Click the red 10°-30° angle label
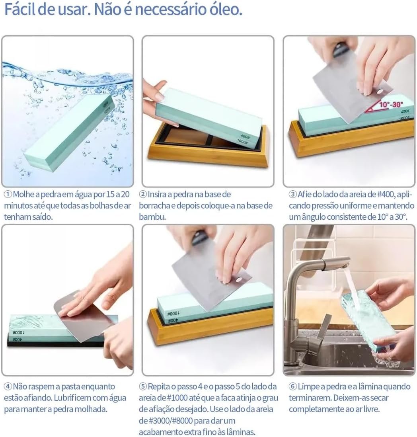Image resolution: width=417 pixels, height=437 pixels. [x=391, y=104]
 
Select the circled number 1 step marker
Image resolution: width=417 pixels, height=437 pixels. [x=8, y=194]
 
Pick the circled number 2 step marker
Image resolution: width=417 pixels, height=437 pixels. [x=143, y=194]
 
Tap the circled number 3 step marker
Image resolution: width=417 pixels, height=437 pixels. [x=293, y=194]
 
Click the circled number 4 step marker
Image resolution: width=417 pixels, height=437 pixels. [x=8, y=386]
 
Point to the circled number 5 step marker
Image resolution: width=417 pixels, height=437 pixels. [x=143, y=386]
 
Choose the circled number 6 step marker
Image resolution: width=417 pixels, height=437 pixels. [x=293, y=386]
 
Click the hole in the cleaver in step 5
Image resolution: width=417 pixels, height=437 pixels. [x=238, y=280]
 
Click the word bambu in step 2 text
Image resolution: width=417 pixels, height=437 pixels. [x=152, y=217]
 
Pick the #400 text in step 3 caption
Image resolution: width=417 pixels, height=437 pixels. [x=385, y=194]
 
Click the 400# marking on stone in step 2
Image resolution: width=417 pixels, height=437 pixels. [x=245, y=137]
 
